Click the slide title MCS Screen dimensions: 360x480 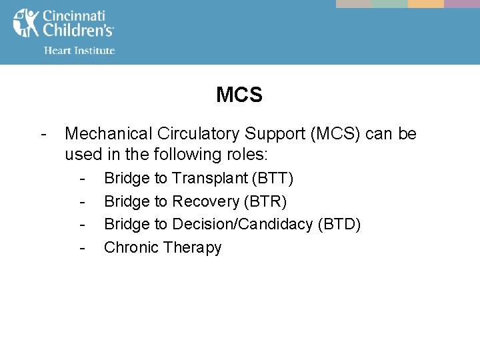click(239, 95)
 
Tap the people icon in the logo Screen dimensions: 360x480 click(26, 23)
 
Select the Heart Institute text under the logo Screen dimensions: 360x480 click(79, 50)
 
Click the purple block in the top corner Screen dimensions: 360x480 click(462, 4)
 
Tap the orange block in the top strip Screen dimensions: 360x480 click(426, 4)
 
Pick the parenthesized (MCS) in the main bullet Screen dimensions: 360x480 click(336, 134)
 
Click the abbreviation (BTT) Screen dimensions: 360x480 click(274, 178)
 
